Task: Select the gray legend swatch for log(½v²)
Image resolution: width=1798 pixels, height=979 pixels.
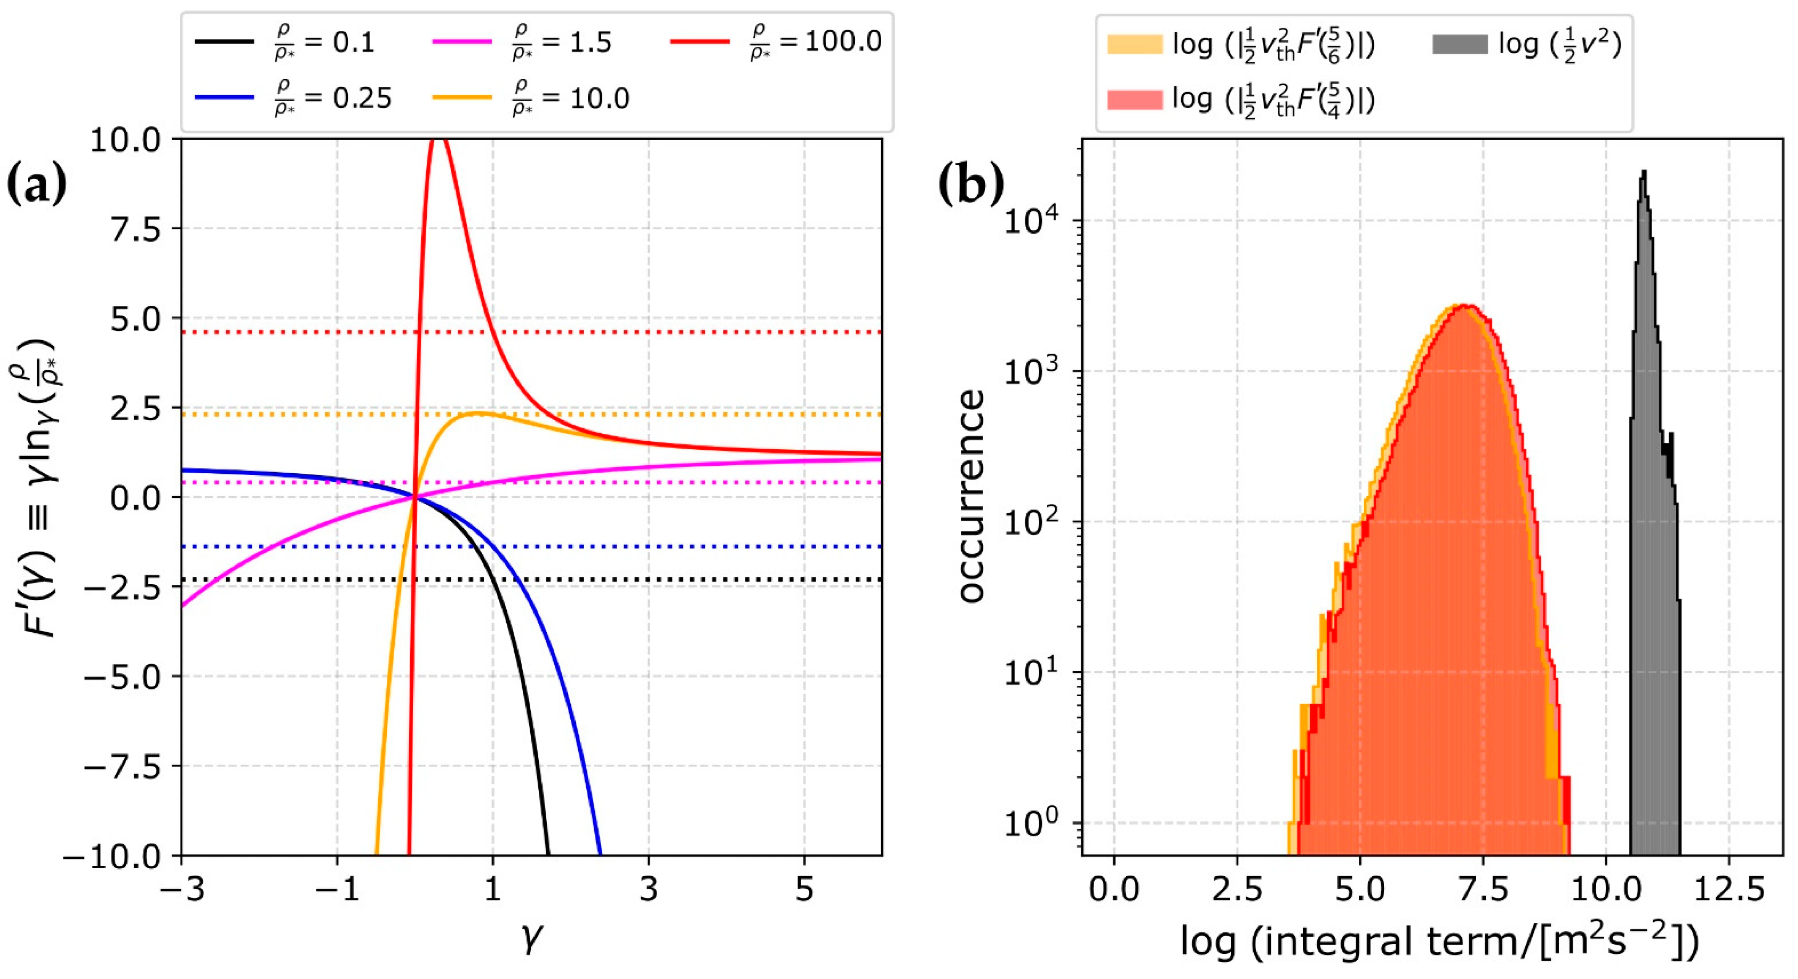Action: click(x=1459, y=44)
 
